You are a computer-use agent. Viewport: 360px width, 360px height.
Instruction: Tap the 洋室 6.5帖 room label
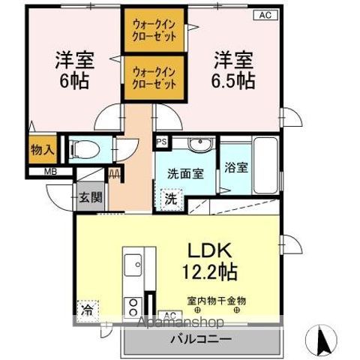(233, 68)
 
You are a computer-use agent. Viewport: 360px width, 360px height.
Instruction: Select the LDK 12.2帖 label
(208, 259)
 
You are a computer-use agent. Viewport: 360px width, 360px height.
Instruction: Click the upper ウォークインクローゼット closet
(154, 30)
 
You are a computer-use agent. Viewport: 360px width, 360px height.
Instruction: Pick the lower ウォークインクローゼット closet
(154, 77)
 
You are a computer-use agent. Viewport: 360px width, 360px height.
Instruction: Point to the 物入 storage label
(42, 149)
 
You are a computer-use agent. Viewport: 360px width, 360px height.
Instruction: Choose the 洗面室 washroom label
(185, 172)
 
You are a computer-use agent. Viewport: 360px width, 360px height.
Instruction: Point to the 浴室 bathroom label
(235, 166)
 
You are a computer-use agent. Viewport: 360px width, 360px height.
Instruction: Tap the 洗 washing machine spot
(171, 200)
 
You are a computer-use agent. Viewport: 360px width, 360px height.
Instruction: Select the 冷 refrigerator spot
(88, 307)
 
